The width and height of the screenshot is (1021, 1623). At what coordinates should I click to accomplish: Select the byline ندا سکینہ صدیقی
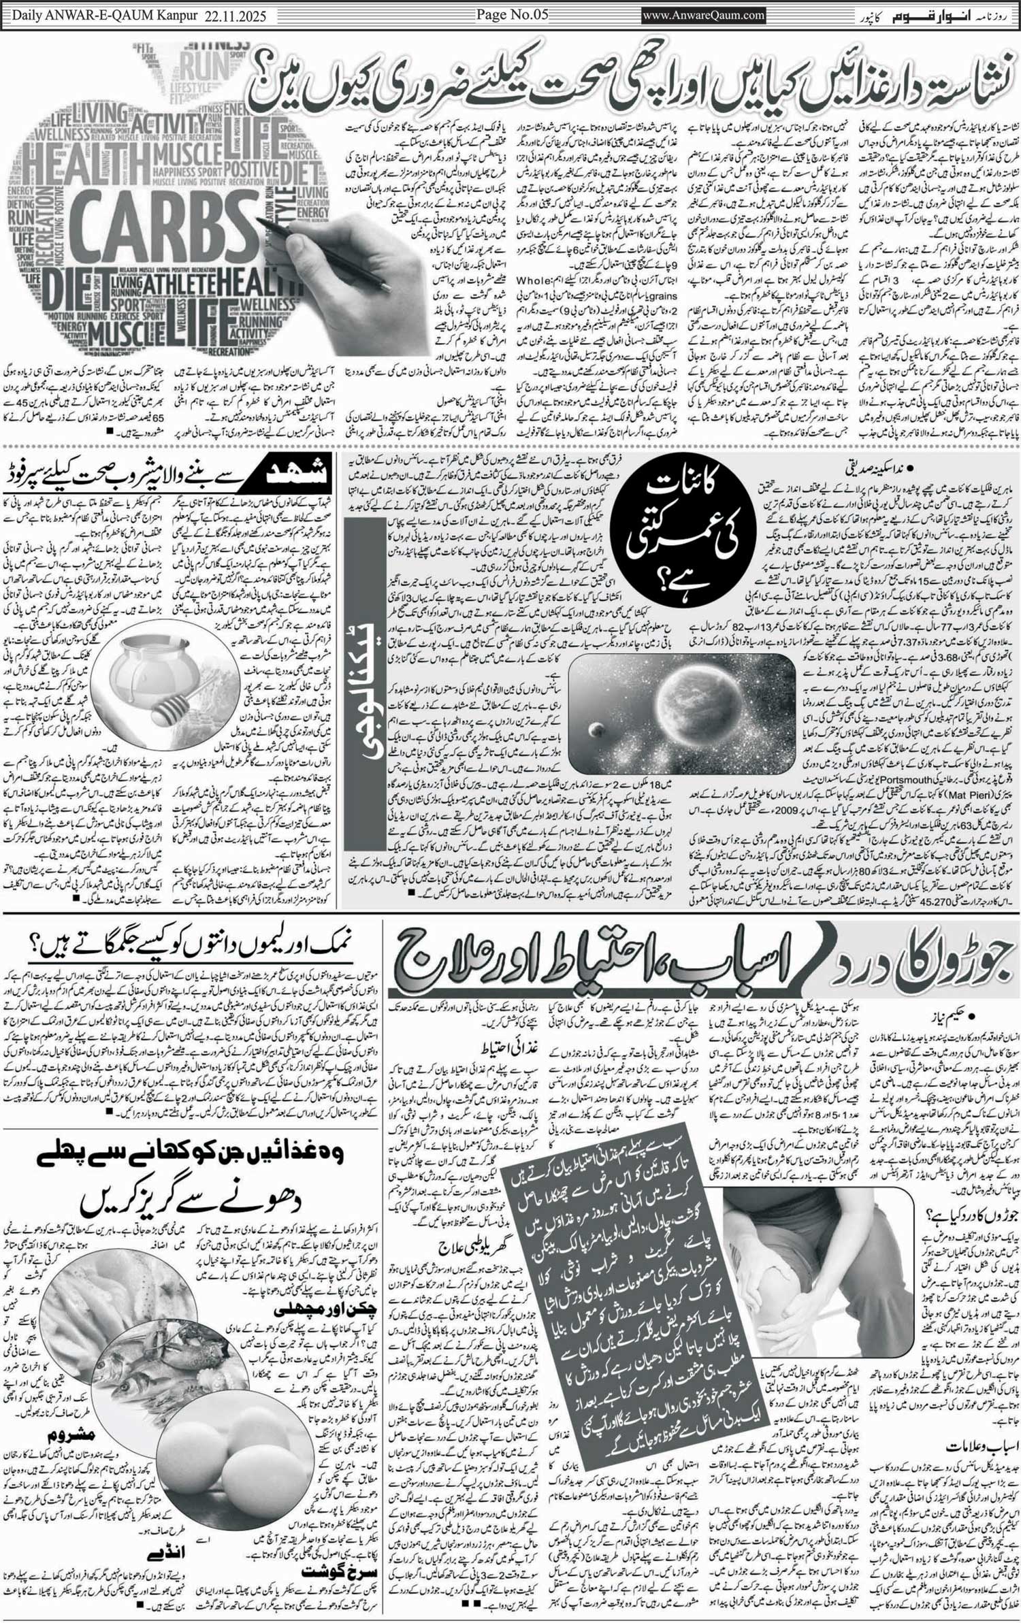coord(945,469)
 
